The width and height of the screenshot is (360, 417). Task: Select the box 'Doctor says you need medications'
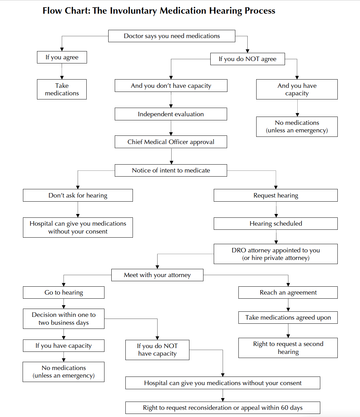click(172, 36)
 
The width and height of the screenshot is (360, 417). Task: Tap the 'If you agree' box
click(62, 57)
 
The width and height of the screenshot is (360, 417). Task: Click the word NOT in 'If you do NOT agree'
click(252, 59)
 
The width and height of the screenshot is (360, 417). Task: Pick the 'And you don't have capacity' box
click(171, 86)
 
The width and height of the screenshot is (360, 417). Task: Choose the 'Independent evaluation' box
click(171, 114)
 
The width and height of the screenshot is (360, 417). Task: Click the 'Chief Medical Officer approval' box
click(171, 142)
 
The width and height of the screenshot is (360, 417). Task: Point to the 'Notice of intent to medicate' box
click(171, 170)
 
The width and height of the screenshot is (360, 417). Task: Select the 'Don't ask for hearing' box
click(78, 195)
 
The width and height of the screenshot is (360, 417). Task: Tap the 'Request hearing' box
click(276, 195)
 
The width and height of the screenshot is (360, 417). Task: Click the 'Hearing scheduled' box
click(276, 224)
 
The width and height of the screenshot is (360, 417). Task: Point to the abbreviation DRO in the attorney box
click(239, 250)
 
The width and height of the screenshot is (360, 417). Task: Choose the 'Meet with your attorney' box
click(157, 275)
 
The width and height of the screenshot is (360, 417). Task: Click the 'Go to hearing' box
click(64, 293)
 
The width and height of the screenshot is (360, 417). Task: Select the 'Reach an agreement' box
click(288, 293)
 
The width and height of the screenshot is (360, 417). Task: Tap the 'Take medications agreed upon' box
click(288, 318)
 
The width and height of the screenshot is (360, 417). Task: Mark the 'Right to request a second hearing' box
click(288, 348)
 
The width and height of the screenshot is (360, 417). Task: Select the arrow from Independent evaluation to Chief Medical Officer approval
click(171, 128)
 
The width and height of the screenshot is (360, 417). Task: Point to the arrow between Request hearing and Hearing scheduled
click(276, 210)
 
